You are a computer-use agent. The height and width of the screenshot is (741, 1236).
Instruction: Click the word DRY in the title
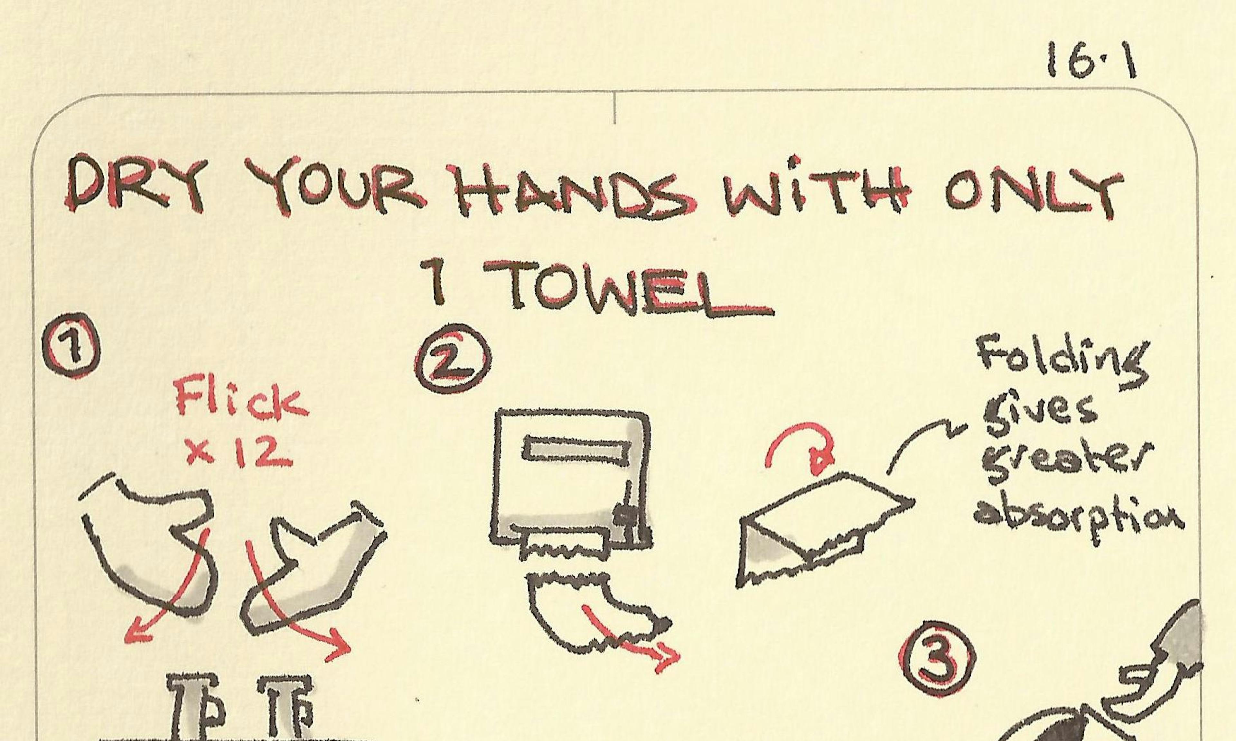pyautogui.click(x=136, y=185)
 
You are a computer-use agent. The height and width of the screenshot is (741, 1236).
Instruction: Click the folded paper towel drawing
pyautogui.click(x=824, y=529)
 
